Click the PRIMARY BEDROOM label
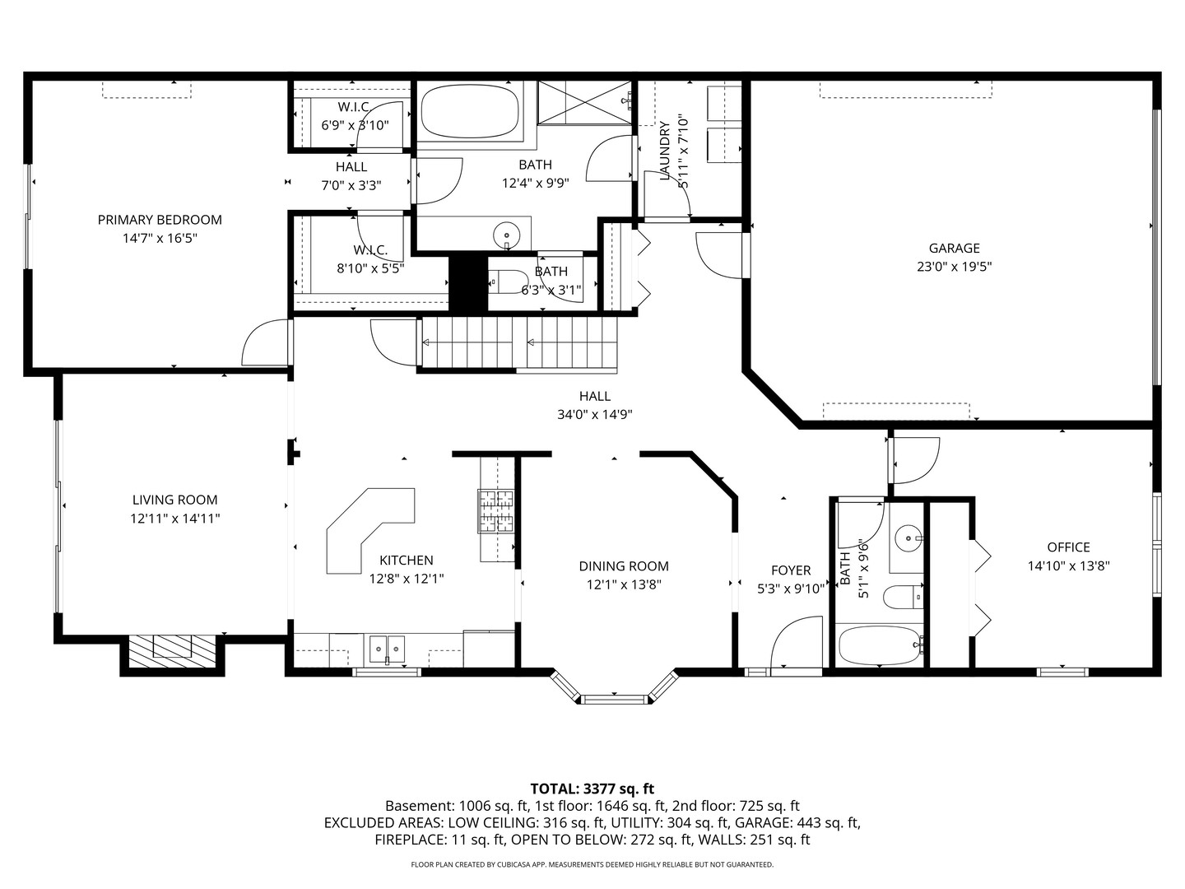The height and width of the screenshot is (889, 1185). pos(160,220)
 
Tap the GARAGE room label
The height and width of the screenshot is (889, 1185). pos(954,248)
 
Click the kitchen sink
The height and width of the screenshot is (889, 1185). pos(386,649)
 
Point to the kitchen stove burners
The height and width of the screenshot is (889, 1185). pos(496,510)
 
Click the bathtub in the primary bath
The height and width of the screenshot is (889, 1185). pos(470,112)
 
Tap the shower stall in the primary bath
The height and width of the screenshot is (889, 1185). pos(584,103)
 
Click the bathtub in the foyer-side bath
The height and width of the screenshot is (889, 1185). pos(878,646)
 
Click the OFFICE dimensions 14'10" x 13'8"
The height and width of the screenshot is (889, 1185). pos(1068,566)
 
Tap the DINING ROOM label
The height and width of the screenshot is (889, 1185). pos(623,566)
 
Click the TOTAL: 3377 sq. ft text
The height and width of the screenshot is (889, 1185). pos(592,789)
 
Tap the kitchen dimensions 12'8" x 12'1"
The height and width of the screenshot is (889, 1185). pos(406,579)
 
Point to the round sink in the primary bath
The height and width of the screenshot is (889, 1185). pos(507,234)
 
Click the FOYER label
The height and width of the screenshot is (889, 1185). pos(790,570)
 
